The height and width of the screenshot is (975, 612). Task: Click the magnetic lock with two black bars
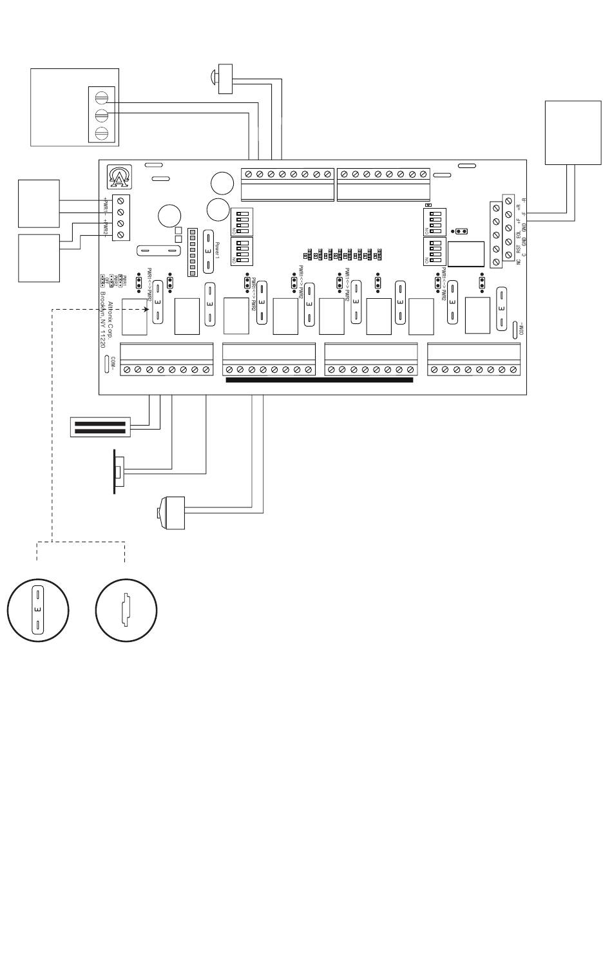101,427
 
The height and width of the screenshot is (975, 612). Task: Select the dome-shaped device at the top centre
225,79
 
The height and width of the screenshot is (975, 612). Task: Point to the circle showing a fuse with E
38,609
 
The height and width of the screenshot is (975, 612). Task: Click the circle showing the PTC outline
126,609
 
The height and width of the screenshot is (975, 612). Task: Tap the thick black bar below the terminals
320,381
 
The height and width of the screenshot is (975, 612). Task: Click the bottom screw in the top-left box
101,133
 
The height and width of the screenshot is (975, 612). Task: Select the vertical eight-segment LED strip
192,252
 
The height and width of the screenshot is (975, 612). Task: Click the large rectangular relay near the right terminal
466,254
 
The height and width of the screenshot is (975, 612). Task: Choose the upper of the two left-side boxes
39,204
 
